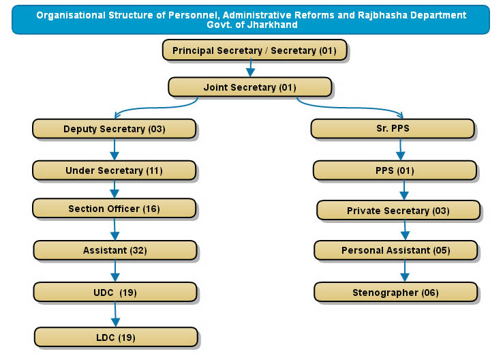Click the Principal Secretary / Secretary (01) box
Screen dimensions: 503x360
(x=255, y=50)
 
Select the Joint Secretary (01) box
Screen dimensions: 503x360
(x=250, y=87)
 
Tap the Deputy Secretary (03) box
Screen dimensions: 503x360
(x=115, y=129)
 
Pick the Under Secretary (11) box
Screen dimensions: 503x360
(x=115, y=170)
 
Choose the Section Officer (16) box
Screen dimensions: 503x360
(x=115, y=209)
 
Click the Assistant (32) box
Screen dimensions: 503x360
(x=115, y=250)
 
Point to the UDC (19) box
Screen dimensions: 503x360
(x=115, y=292)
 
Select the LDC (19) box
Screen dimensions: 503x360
(x=116, y=337)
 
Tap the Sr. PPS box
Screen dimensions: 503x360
(x=393, y=129)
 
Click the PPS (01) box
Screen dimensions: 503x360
(x=395, y=170)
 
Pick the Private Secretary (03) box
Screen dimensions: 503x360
(x=399, y=211)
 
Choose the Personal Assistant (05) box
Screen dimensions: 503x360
(x=396, y=250)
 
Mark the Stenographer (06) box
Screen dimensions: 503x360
(x=396, y=292)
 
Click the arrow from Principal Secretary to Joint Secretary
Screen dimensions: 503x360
(x=251, y=68)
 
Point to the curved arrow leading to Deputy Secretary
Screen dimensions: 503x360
(x=154, y=108)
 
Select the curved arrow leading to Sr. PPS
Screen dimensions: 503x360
(x=350, y=108)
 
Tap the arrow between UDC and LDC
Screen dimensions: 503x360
(x=115, y=314)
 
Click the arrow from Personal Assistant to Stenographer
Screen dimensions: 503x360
(x=405, y=271)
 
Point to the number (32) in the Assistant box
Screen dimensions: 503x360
(x=138, y=250)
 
